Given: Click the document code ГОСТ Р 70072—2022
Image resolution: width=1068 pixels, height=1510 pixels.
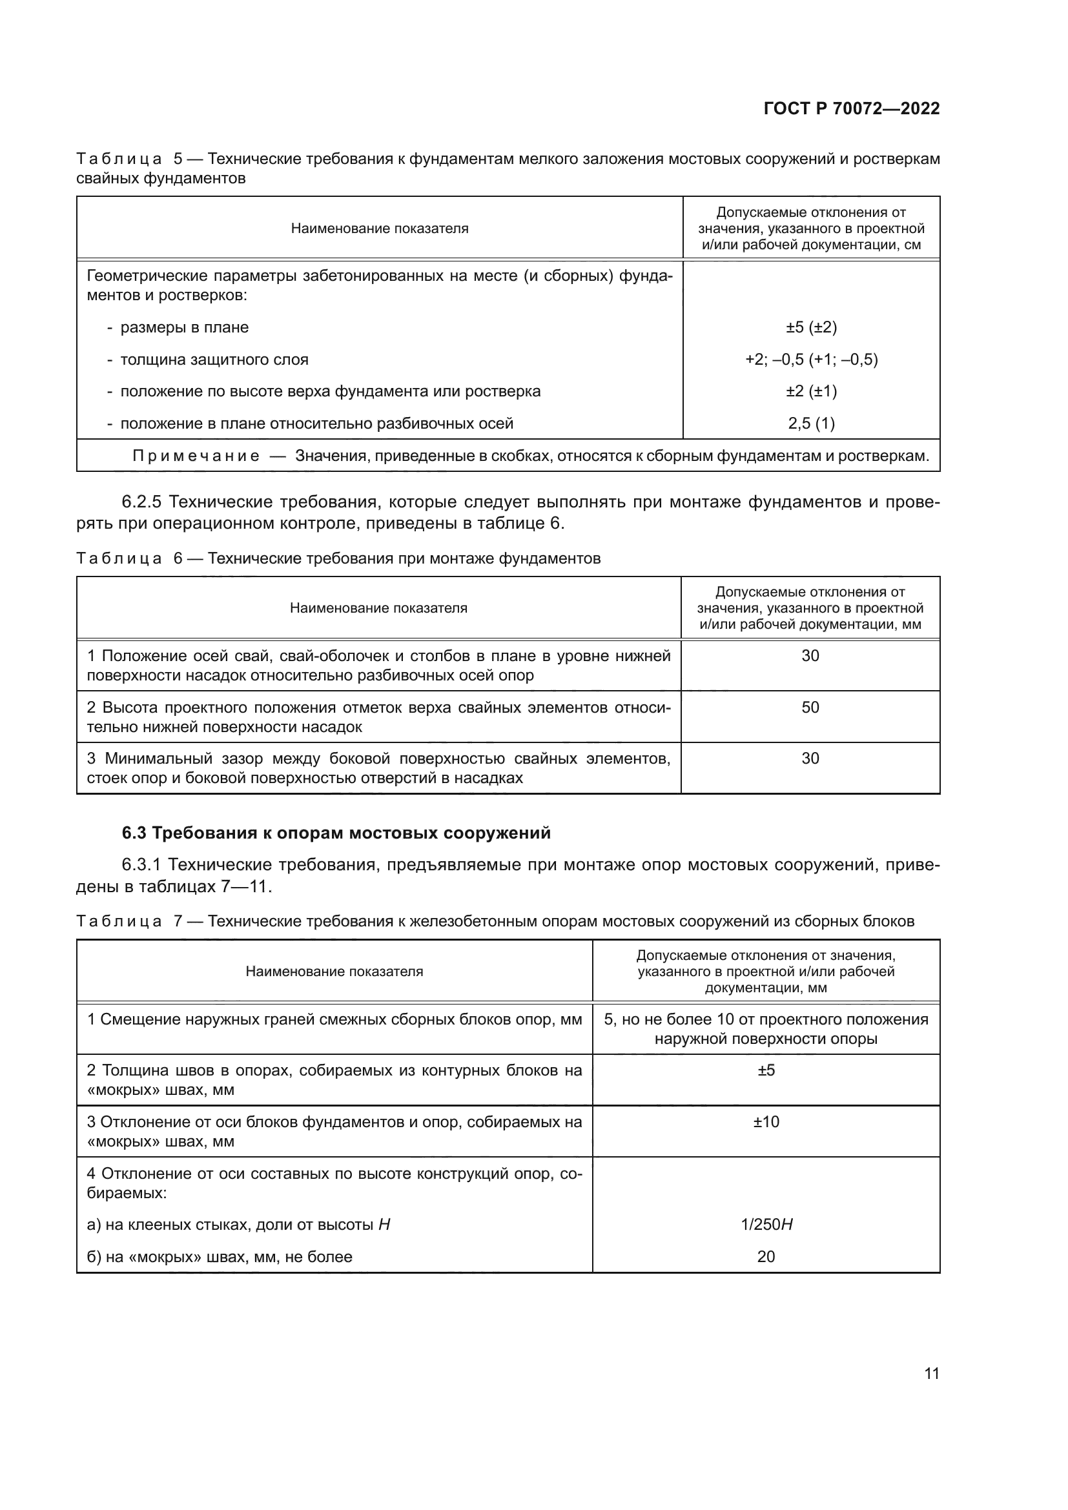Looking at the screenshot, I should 852,108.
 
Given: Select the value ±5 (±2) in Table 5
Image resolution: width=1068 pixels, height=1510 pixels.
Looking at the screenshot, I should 811,327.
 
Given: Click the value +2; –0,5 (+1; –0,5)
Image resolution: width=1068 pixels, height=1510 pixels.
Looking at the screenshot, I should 811,359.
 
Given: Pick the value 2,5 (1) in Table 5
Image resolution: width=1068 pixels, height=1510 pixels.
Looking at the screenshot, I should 811,423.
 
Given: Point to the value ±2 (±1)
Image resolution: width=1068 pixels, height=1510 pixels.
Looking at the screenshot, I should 811,391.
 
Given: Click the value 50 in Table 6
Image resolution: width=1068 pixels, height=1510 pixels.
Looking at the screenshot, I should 810,707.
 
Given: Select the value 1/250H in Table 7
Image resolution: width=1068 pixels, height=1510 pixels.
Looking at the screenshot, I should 766,1224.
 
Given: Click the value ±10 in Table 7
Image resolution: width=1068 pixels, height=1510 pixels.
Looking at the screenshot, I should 766,1121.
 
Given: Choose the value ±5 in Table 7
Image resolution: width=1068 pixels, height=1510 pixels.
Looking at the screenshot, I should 766,1070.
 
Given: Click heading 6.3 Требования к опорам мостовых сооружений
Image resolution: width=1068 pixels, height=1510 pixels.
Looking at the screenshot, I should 336,833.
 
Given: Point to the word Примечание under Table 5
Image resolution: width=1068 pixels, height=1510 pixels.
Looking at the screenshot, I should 196,456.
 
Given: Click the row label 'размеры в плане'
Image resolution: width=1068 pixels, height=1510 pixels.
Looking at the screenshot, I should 184,327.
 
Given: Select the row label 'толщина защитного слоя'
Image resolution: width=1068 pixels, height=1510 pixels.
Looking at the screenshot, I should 214,359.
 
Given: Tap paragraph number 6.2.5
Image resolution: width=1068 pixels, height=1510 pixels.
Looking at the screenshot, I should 141,502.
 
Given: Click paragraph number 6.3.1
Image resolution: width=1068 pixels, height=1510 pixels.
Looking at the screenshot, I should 141,864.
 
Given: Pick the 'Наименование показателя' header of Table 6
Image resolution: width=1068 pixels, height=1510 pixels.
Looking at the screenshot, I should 378,607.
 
